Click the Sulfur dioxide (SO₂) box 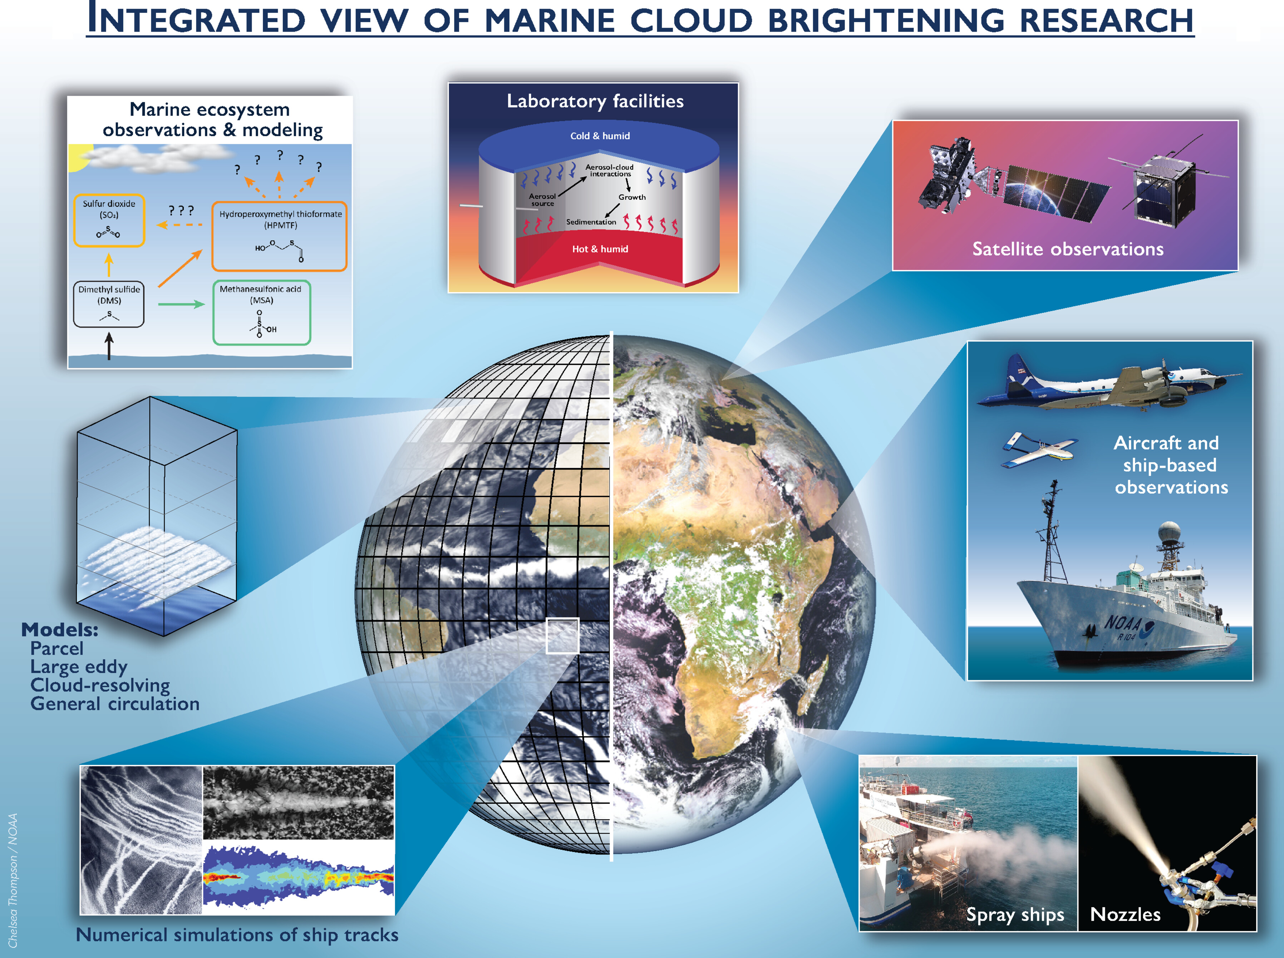[x=109, y=220]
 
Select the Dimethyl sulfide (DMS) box [x=109, y=304]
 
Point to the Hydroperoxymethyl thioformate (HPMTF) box [x=279, y=236]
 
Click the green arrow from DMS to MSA [x=181, y=304]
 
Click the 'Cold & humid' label [x=600, y=136]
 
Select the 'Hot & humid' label [x=600, y=249]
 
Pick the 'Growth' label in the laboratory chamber [x=632, y=197]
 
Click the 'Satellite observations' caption [x=1068, y=249]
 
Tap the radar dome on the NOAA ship [x=1169, y=532]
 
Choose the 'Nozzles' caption [x=1125, y=914]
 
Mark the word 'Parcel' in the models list [x=57, y=648]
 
